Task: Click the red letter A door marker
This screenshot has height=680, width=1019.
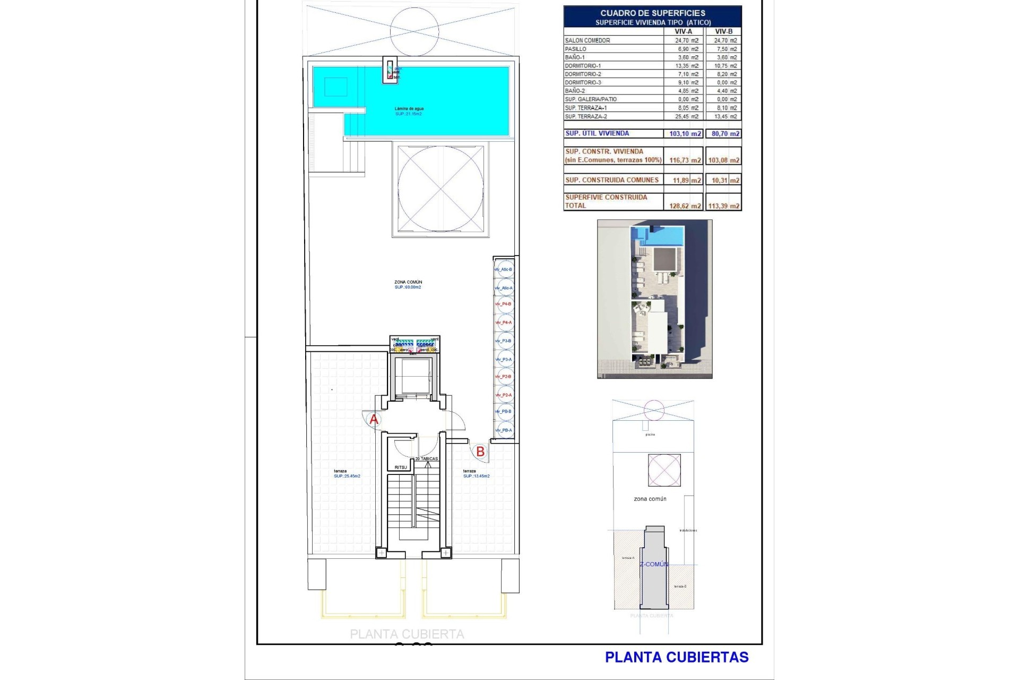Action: coord(374,420)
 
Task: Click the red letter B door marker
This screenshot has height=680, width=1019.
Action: coord(480,452)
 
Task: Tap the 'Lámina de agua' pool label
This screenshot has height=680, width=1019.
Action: coord(409,108)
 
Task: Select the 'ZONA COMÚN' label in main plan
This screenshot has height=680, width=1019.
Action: coord(408,282)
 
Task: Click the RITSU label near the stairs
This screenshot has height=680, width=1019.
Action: coord(401,467)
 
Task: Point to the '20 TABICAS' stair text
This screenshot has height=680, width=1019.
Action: coord(427,458)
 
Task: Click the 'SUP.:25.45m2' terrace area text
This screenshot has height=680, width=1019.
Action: coord(347,476)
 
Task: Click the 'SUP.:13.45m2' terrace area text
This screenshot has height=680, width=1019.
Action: coord(476,476)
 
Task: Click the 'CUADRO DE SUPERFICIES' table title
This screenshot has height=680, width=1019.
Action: coord(653,13)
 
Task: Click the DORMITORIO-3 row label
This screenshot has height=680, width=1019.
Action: coord(583,82)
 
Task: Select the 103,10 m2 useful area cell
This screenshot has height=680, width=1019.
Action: coord(685,133)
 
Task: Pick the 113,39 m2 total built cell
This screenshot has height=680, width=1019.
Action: coord(723,206)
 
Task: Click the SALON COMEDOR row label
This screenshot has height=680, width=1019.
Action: coord(587,40)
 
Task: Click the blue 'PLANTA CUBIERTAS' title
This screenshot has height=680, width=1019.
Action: coord(677,657)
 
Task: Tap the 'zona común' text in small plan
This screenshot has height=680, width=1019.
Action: coord(650,499)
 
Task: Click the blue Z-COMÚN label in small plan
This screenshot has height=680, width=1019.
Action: coord(654,564)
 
